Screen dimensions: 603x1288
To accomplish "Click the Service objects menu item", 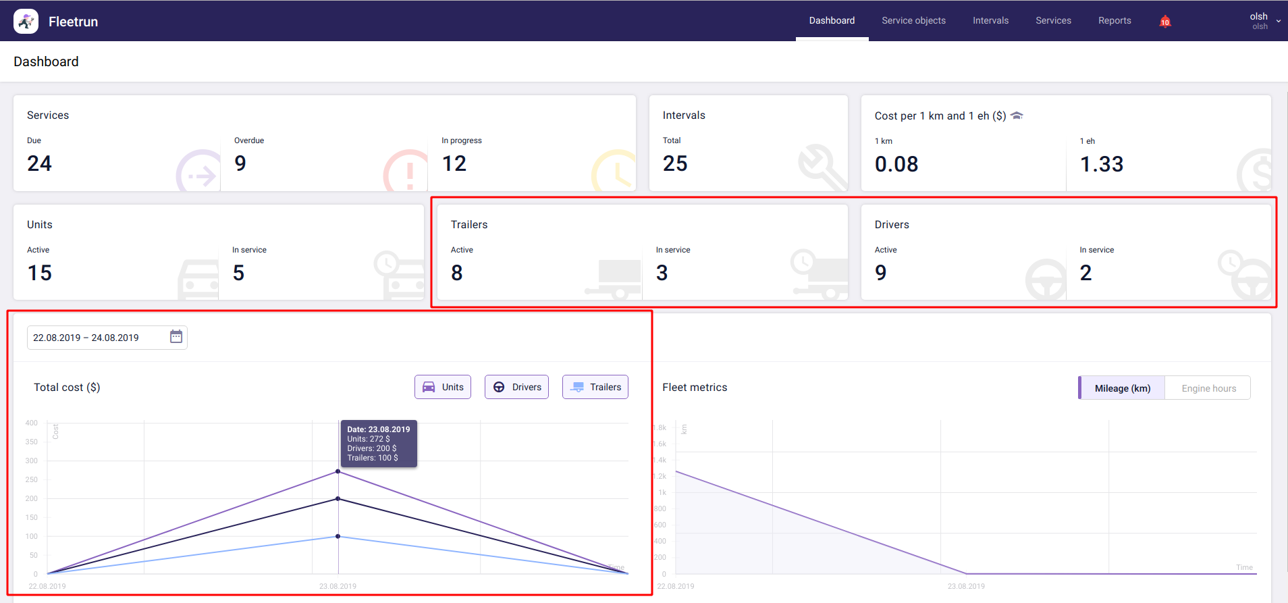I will click(x=913, y=21).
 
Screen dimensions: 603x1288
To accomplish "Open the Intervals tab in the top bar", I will click(x=990, y=21).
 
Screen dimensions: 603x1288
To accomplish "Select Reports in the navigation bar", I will click(x=1114, y=21).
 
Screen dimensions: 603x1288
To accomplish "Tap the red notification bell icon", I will click(x=1164, y=22).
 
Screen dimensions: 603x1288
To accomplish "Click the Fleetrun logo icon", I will click(x=26, y=22).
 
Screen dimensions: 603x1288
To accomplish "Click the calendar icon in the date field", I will click(x=176, y=337).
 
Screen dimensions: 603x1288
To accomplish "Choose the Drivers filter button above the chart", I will click(x=516, y=387).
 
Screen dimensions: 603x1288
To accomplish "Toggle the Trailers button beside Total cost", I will click(x=595, y=387).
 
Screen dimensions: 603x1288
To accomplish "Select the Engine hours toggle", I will click(x=1208, y=388).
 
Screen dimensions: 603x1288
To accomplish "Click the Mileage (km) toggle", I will click(x=1122, y=388).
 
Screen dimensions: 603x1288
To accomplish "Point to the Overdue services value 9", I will click(x=240, y=163).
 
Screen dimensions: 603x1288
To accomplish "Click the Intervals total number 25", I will click(x=675, y=163).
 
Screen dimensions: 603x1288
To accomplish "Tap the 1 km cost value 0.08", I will click(x=896, y=164).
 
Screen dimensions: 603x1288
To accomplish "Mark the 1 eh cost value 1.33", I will click(x=1102, y=164).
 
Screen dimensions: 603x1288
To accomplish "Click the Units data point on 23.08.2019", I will click(x=338, y=471).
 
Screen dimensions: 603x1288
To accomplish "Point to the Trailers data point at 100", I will click(x=338, y=536).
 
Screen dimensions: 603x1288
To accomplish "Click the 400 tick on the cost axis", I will click(x=32, y=423).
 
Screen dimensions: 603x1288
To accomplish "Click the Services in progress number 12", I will click(x=454, y=163).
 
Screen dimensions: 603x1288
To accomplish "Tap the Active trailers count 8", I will click(x=457, y=273).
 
